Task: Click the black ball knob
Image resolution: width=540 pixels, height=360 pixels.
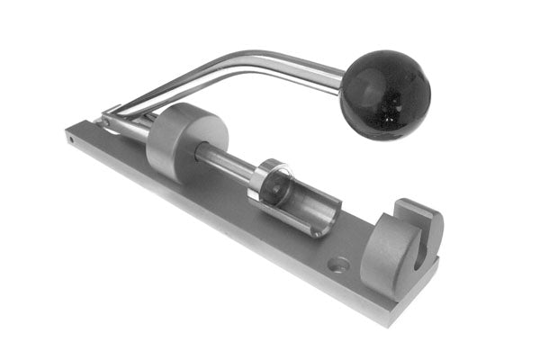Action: click(384, 94)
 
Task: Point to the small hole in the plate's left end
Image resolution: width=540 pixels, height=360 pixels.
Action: click(70, 139)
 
